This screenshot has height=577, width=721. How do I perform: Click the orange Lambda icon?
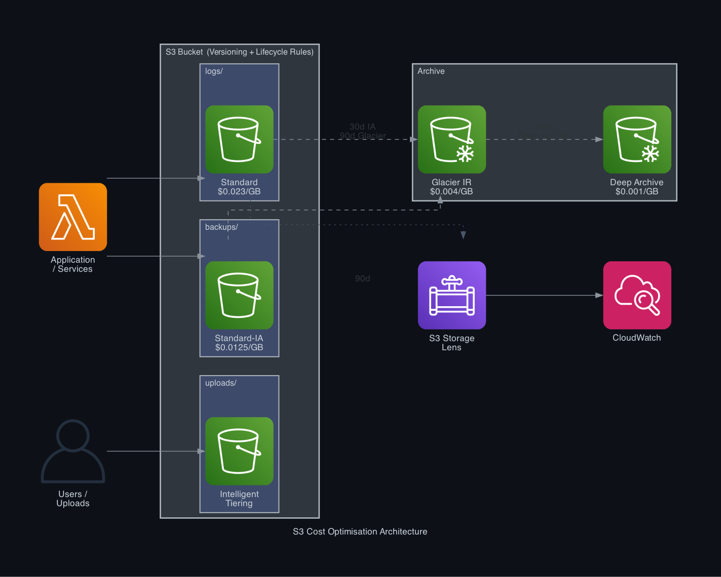(x=73, y=217)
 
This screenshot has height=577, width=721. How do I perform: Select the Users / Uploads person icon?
(x=73, y=451)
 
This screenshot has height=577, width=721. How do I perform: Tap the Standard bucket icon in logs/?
(x=239, y=139)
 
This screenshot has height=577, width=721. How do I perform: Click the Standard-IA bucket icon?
(x=239, y=295)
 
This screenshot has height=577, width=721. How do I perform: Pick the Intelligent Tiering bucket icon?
(x=239, y=451)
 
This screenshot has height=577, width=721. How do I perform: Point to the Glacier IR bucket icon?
(x=451, y=139)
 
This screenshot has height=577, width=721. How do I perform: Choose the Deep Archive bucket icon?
(x=637, y=139)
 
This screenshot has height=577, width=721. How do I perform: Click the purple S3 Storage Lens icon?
(x=451, y=295)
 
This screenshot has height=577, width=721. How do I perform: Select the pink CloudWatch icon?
(x=637, y=295)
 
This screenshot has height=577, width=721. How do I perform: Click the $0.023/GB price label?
(x=239, y=192)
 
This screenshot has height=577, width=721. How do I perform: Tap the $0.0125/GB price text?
(x=239, y=348)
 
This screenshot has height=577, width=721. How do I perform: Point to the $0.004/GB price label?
(x=451, y=192)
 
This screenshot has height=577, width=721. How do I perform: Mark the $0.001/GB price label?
(x=637, y=192)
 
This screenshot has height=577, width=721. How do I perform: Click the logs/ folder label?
(x=214, y=71)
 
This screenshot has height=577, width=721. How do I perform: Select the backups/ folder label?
(x=221, y=227)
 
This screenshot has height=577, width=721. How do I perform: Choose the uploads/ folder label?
(x=221, y=383)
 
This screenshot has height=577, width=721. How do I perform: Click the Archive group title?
(x=431, y=71)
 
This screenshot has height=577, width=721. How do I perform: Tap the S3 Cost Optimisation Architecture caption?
(x=360, y=531)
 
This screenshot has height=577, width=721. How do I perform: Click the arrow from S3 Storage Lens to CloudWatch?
(x=544, y=295)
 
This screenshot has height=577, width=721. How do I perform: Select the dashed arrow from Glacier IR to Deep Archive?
(x=544, y=139)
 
